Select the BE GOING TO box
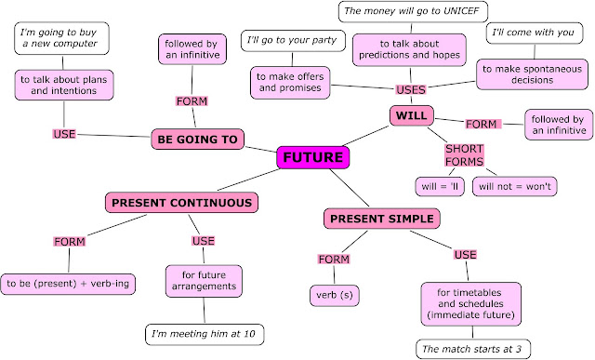coord(197,140)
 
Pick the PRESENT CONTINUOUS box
coord(182,203)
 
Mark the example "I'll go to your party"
coord(294,40)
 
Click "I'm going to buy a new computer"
coord(61,38)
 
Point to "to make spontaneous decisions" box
coord(530,73)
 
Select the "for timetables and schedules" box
coord(469,303)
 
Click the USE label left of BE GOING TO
coord(64,134)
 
